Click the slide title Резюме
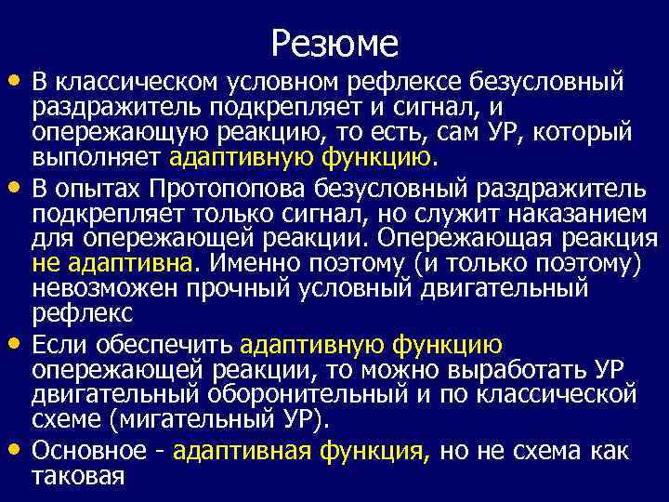tap(334, 42)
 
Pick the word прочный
tap(232, 288)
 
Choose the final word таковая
tap(78, 476)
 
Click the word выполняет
tap(98, 157)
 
